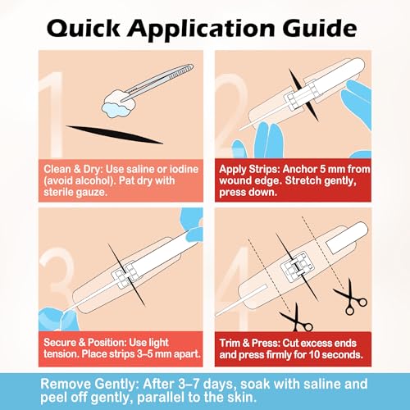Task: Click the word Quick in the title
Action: tap(84, 29)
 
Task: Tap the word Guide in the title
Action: tap(320, 28)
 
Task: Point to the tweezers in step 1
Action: tap(157, 82)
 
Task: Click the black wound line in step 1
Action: tap(115, 134)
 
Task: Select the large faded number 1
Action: tap(52, 115)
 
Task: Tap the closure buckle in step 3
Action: tap(125, 276)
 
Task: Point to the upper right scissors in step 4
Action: tap(351, 297)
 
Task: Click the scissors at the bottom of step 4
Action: tap(297, 318)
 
